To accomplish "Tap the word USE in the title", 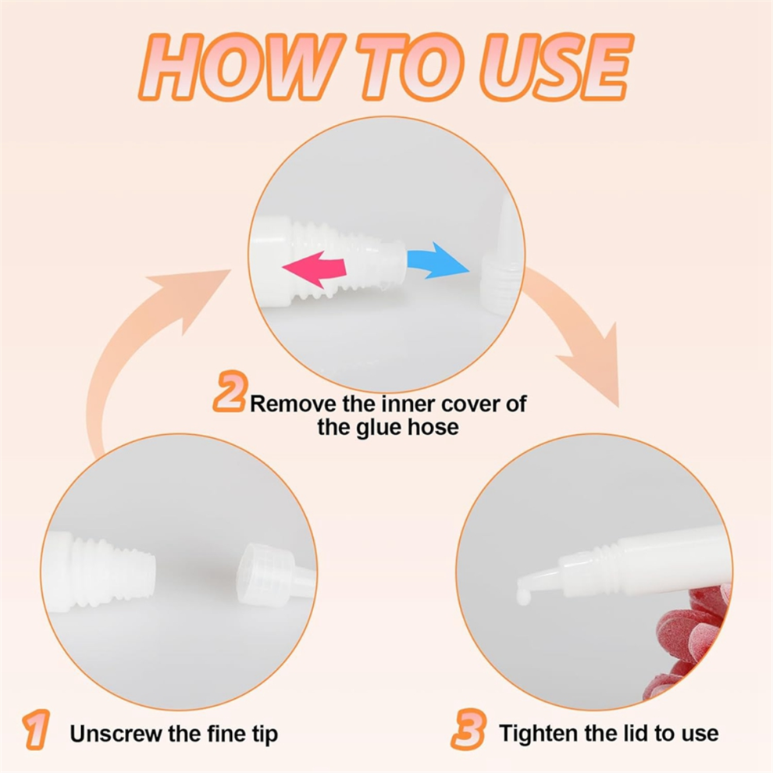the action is point(556,67).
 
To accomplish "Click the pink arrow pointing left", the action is point(315,269).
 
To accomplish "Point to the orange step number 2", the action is point(230,391).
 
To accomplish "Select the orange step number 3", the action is point(468,729).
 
